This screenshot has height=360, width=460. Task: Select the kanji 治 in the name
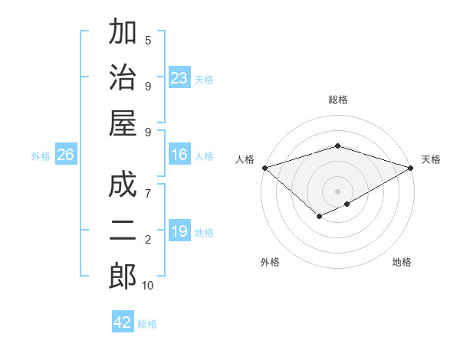[x=123, y=79]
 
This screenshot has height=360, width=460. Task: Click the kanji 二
[x=123, y=231]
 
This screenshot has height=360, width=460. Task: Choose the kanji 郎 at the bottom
[x=123, y=277]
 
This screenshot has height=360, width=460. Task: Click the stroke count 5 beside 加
[x=148, y=40]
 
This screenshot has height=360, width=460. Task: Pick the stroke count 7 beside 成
[x=148, y=192]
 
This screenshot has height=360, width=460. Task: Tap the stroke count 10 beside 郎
[x=148, y=286]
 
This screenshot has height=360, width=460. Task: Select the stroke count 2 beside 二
[x=148, y=240]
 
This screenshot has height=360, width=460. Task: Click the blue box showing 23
[x=179, y=78]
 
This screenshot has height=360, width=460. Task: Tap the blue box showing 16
[x=179, y=155]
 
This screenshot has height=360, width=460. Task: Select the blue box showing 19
[x=179, y=231]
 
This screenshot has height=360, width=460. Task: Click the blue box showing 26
[x=66, y=155]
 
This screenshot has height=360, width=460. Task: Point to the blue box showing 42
[x=123, y=322]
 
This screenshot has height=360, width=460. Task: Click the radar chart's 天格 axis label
[x=431, y=159]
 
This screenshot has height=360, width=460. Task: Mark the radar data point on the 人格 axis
[x=264, y=168]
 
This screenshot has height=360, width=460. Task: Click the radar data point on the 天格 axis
[x=412, y=168]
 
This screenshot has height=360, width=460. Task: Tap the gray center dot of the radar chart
[x=337, y=191]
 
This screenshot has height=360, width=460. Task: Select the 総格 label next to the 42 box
[x=147, y=324]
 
